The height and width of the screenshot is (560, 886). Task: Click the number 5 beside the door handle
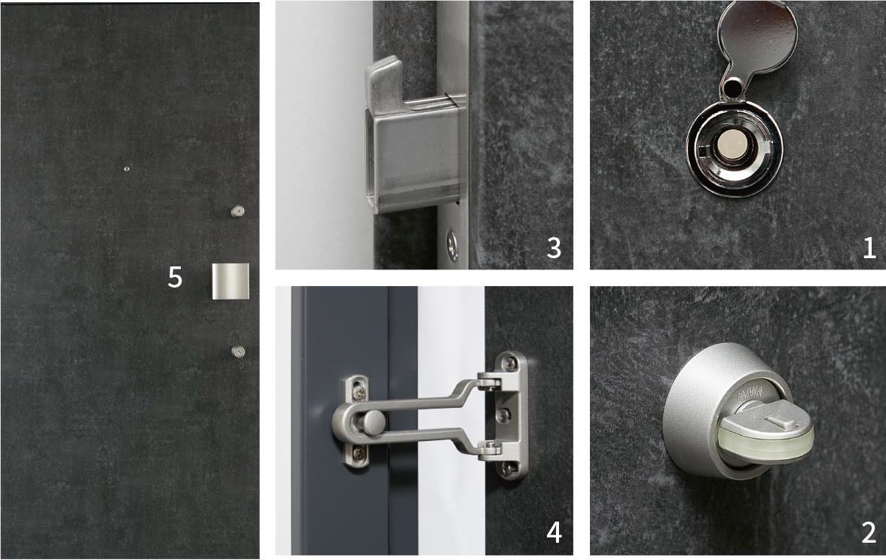click(x=175, y=277)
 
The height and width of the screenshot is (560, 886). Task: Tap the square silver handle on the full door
click(x=230, y=282)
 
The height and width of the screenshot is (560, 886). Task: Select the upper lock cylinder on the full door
click(x=238, y=212)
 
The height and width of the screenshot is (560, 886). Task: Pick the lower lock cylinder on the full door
click(x=238, y=352)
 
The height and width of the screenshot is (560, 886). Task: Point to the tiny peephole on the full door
click(x=127, y=169)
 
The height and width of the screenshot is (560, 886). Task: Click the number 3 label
click(x=555, y=248)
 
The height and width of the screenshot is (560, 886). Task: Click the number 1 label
click(x=869, y=248)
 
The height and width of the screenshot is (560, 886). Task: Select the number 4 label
click(x=555, y=532)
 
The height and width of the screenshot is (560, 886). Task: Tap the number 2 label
click(x=869, y=532)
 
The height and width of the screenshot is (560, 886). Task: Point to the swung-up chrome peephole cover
click(x=757, y=38)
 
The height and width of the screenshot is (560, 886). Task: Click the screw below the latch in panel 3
click(x=452, y=245)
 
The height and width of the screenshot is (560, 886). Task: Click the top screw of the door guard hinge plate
click(x=510, y=364)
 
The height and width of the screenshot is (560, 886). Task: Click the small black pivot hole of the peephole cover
click(x=732, y=87)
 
